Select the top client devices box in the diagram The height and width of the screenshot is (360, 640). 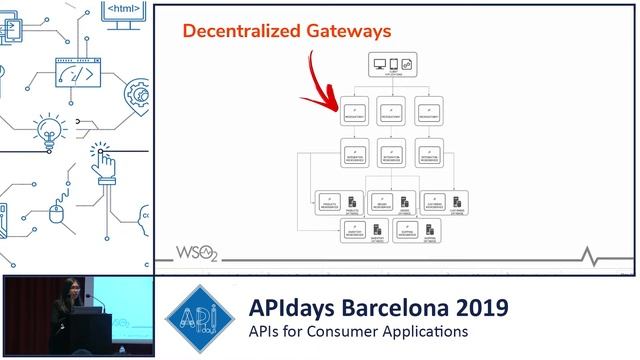[393, 67]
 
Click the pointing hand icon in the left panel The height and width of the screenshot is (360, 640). [105, 160]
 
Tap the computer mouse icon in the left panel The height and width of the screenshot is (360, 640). [58, 214]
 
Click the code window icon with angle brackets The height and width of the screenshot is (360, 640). [81, 75]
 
